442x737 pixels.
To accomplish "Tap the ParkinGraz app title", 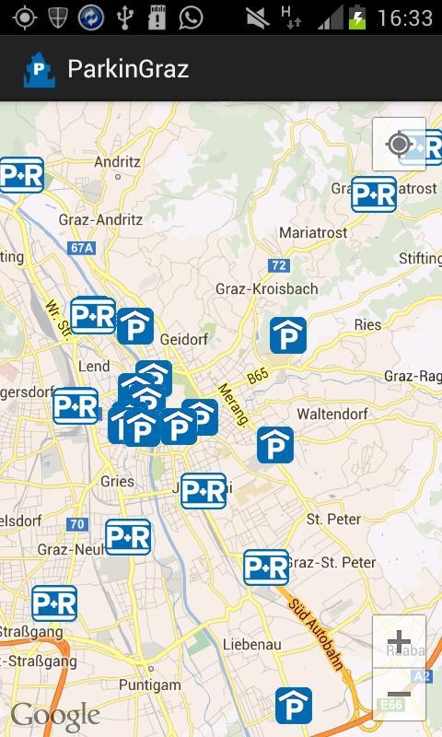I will tap(128, 69).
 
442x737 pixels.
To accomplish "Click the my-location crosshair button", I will tap(399, 145).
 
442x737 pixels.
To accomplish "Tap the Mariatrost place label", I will tap(313, 233).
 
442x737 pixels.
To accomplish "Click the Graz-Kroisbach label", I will tap(266, 288).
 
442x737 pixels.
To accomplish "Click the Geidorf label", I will tap(187, 339).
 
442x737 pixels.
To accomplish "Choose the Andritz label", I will tap(117, 161).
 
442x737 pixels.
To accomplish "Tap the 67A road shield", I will tap(82, 248).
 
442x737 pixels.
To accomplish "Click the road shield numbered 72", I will tap(279, 265).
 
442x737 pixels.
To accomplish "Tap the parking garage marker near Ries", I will tap(288, 335).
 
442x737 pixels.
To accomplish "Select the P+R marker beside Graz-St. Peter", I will tap(266, 567).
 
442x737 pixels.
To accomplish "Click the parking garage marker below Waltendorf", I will tap(275, 445).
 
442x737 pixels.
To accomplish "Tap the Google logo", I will tap(54, 716).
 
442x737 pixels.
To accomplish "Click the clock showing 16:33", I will tap(404, 18).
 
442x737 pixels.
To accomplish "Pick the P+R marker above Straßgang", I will tap(54, 603).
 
